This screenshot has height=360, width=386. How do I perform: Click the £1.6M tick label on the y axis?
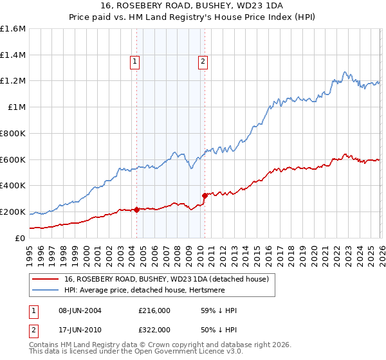tap(13, 29)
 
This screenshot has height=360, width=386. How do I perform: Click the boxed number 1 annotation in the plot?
tap(135, 62)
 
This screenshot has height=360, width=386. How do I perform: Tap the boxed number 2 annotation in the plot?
tap(203, 62)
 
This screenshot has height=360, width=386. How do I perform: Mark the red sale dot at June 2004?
tap(136, 210)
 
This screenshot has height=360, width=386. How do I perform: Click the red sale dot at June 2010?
tap(205, 195)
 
